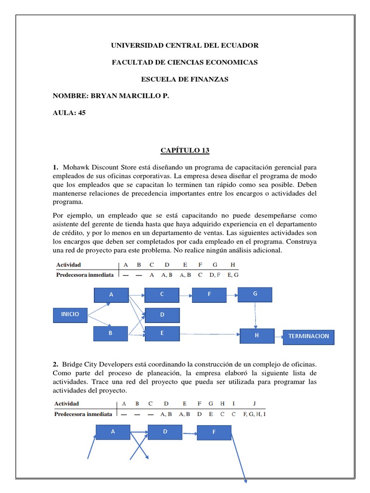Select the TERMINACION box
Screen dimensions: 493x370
(x=308, y=337)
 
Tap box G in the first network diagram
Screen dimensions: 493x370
(x=255, y=294)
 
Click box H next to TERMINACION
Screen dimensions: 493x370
(x=257, y=336)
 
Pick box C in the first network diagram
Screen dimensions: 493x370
(x=162, y=295)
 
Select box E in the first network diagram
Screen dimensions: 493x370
(x=162, y=333)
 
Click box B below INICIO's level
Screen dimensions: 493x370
(x=111, y=333)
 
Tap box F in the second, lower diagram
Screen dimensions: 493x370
(x=214, y=433)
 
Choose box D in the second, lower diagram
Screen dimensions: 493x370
(x=165, y=432)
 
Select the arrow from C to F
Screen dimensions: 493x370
(x=186, y=295)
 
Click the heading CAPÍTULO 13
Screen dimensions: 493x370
(x=185, y=151)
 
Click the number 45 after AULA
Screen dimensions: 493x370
(x=81, y=113)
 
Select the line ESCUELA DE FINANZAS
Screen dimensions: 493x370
(x=185, y=79)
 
